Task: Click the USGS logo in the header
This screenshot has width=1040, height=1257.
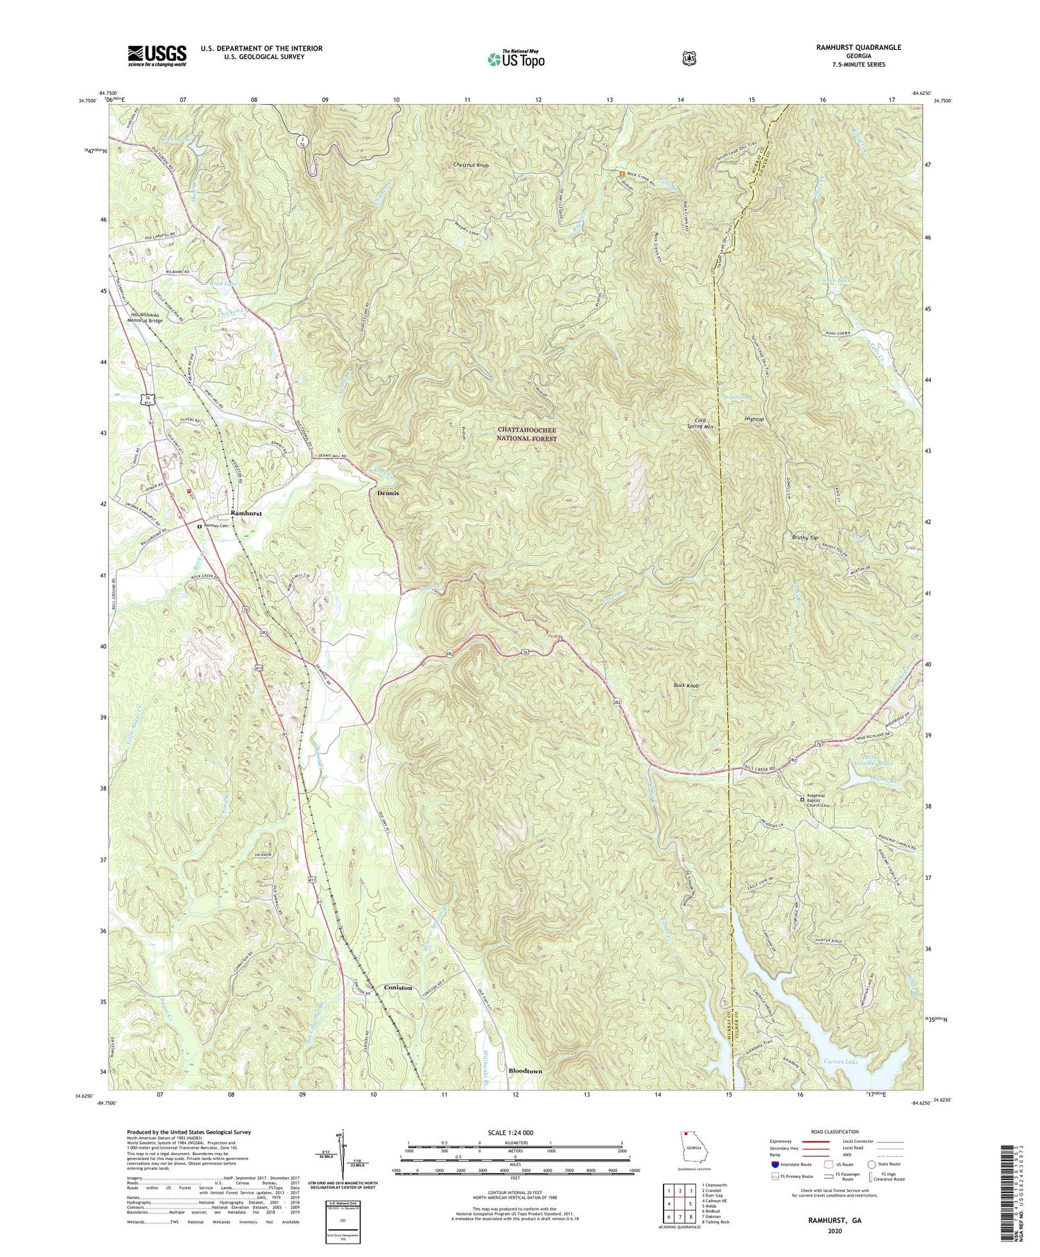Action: click(157, 55)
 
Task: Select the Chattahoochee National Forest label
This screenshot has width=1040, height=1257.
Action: click(527, 435)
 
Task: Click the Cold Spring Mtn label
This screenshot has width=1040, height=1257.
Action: click(700, 424)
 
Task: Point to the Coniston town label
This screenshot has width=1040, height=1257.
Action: click(397, 987)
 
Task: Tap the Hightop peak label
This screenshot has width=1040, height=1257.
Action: click(754, 419)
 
